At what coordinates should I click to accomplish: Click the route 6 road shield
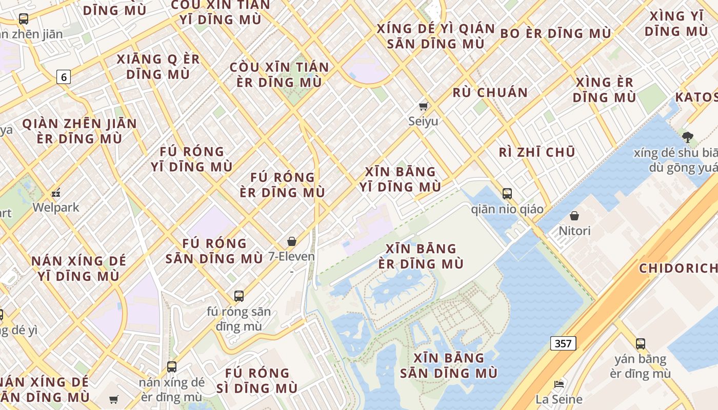pyautogui.click(x=64, y=77)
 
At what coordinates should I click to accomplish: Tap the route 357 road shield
pyautogui.click(x=563, y=343)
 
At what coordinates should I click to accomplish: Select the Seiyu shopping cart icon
pyautogui.click(x=423, y=107)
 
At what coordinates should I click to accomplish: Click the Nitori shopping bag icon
pyautogui.click(x=574, y=216)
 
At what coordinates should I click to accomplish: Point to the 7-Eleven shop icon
pyautogui.click(x=292, y=241)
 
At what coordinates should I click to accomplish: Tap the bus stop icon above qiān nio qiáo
pyautogui.click(x=507, y=194)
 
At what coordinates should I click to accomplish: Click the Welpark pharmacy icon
pyautogui.click(x=56, y=193)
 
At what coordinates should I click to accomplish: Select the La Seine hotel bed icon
pyautogui.click(x=559, y=384)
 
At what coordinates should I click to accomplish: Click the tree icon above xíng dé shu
pyautogui.click(x=688, y=137)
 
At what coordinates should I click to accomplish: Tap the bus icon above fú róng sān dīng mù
pyautogui.click(x=239, y=296)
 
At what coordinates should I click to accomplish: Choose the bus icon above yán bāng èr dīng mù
pyautogui.click(x=640, y=344)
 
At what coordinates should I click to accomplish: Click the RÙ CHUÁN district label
pyautogui.click(x=490, y=93)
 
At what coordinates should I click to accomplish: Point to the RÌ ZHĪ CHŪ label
pyautogui.click(x=537, y=152)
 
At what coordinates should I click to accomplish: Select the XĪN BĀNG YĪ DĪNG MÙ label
pyautogui.click(x=400, y=179)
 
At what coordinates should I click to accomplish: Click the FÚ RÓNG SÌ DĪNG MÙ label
pyautogui.click(x=257, y=380)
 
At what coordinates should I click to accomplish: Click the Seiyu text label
pyautogui.click(x=423, y=121)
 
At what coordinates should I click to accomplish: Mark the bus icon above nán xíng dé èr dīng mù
pyautogui.click(x=172, y=367)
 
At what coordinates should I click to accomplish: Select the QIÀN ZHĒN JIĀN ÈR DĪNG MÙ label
pyautogui.click(x=79, y=131)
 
